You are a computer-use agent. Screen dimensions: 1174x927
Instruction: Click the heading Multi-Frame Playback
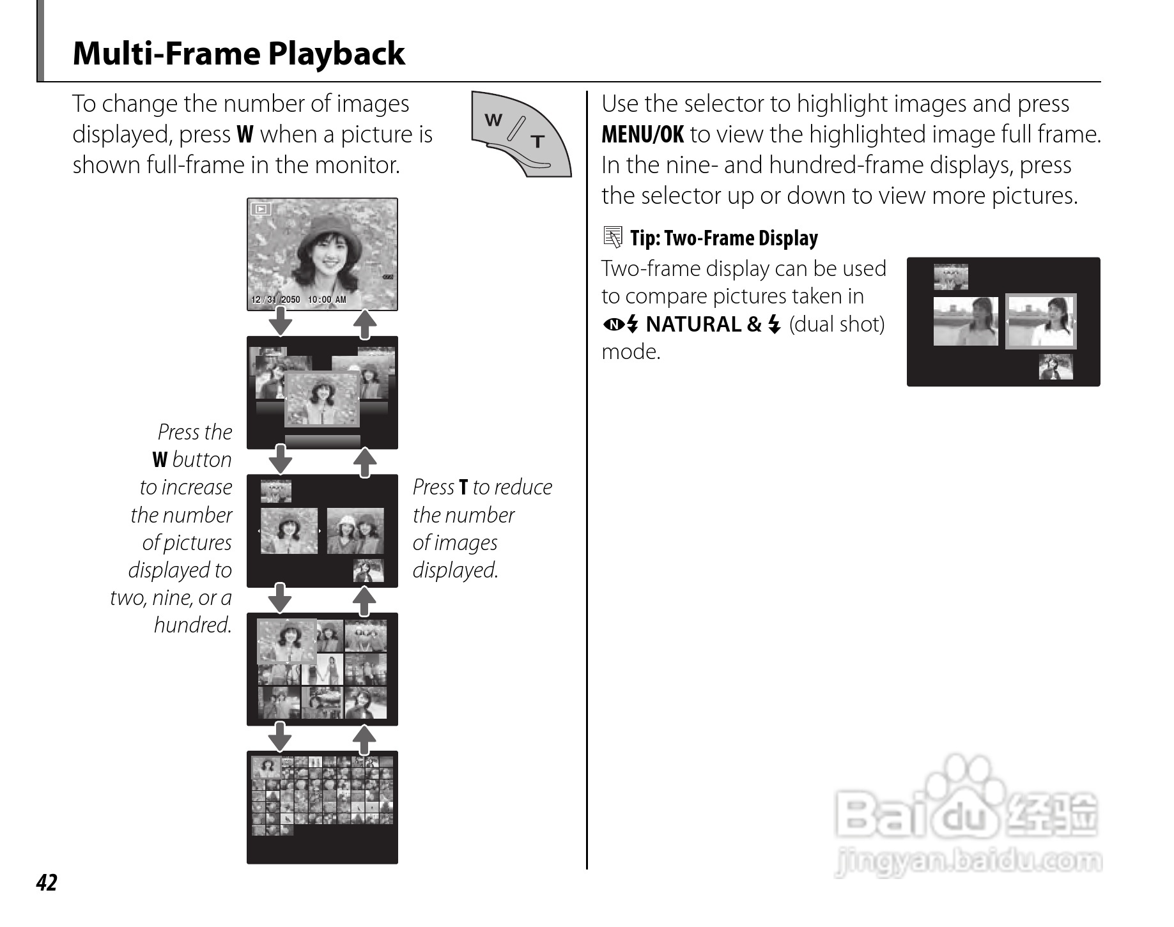tap(238, 54)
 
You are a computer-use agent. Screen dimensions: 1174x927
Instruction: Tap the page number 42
tap(47, 882)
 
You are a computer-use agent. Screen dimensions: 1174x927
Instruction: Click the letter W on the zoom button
tap(493, 119)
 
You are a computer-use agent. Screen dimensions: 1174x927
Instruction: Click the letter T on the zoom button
tap(538, 141)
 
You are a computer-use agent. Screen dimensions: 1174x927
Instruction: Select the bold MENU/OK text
tap(642, 135)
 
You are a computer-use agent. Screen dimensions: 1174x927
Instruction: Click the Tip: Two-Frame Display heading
tap(723, 238)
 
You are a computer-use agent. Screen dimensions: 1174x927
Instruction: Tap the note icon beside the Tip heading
tap(612, 238)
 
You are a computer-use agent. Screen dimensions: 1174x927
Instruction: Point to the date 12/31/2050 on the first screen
tap(275, 300)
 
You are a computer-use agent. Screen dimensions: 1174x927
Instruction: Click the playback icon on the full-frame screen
tap(261, 209)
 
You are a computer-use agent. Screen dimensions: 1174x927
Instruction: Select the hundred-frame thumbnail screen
tap(322, 806)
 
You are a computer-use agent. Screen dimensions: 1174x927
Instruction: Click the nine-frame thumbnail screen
tap(322, 668)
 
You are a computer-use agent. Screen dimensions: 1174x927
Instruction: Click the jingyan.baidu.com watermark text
tap(968, 862)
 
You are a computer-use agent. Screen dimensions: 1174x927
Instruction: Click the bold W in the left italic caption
tap(160, 460)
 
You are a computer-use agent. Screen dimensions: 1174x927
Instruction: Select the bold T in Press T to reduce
tap(463, 487)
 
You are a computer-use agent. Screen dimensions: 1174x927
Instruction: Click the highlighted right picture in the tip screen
tap(1040, 321)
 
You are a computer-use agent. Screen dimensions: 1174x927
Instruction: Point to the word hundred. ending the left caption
tap(192, 625)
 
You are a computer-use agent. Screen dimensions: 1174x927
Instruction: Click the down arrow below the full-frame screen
tap(280, 321)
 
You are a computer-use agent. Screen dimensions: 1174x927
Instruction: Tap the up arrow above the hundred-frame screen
tap(364, 740)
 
